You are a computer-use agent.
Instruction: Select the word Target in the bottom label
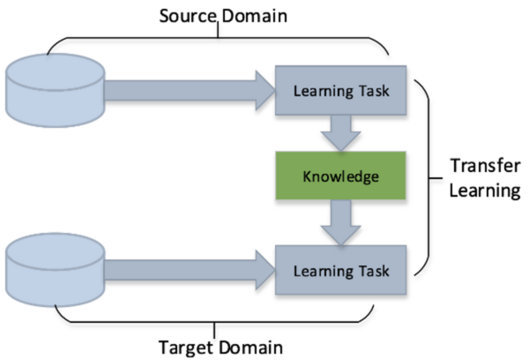pyautogui.click(x=185, y=344)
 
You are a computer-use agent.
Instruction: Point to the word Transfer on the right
pyautogui.click(x=481, y=166)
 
